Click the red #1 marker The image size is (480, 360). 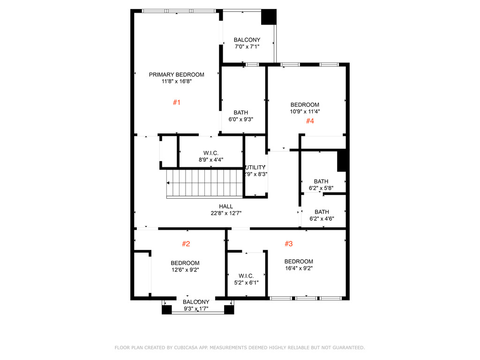point(176,102)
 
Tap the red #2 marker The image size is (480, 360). point(186,244)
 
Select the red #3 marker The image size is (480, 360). point(289,244)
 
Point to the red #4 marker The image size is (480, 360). point(310,121)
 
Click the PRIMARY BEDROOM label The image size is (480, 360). point(176,75)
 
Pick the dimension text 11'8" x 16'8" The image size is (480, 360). point(176,81)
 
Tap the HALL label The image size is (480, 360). point(226,206)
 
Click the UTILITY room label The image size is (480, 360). point(256,167)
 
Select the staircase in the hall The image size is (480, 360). point(204,184)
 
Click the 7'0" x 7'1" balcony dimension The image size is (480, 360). point(247,46)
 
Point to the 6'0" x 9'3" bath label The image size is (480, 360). point(241,112)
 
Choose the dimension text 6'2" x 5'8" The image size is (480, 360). point(321,188)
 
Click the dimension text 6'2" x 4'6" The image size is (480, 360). point(322,218)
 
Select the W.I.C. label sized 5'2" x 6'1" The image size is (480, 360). point(246,276)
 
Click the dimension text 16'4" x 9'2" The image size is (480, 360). point(299,268)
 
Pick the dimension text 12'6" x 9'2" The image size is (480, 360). point(185,270)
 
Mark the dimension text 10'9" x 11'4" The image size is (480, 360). point(305,112)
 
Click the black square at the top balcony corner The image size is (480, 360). point(269,17)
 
